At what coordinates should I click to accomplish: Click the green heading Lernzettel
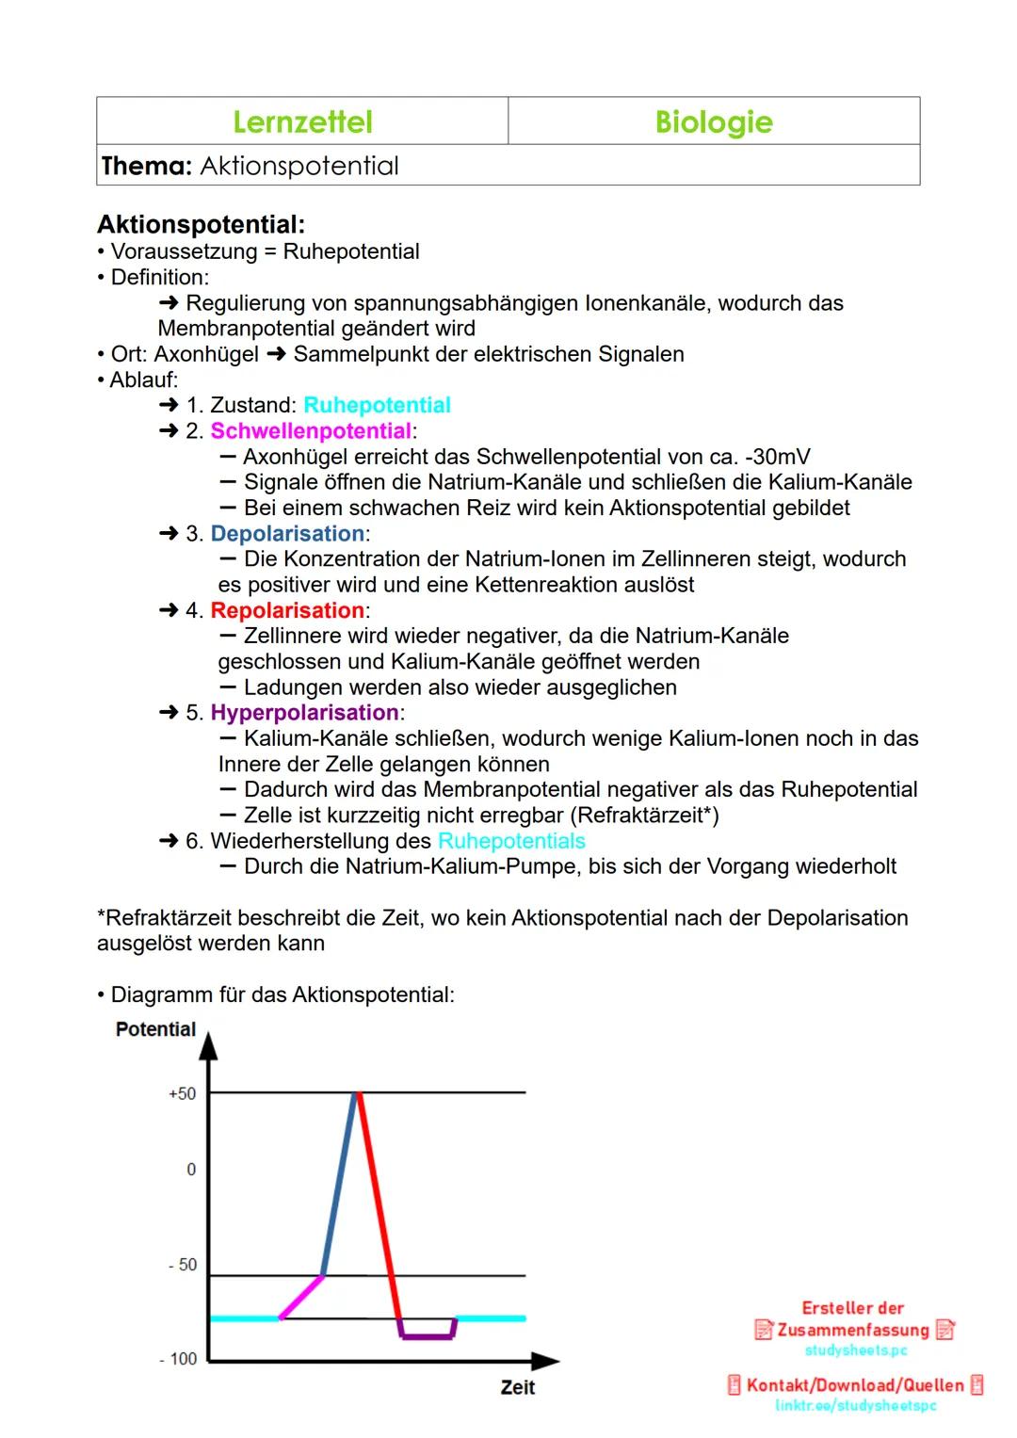click(x=302, y=121)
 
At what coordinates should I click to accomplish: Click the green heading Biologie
click(x=714, y=121)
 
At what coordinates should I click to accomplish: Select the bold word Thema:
click(x=146, y=166)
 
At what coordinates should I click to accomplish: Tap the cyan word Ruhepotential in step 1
click(x=377, y=405)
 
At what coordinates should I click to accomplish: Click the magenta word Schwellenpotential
click(x=311, y=431)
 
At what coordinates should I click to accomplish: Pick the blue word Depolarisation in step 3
click(x=287, y=534)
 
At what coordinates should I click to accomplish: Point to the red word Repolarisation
click(x=287, y=610)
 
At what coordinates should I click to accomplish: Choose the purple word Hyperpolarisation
click(x=304, y=713)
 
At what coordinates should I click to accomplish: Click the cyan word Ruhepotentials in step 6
click(x=511, y=841)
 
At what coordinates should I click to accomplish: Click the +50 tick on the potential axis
click(x=183, y=1093)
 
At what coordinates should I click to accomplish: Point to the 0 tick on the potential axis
click(x=191, y=1170)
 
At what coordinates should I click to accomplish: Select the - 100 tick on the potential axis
click(x=179, y=1359)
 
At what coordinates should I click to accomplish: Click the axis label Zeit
click(x=518, y=1387)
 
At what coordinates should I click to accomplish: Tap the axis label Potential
click(x=155, y=1029)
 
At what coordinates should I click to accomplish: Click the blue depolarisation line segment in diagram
click(x=339, y=1184)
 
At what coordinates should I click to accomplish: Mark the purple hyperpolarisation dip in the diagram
click(x=428, y=1335)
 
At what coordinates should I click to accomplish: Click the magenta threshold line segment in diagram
click(x=301, y=1297)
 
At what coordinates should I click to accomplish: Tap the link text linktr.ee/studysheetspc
click(x=855, y=1406)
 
